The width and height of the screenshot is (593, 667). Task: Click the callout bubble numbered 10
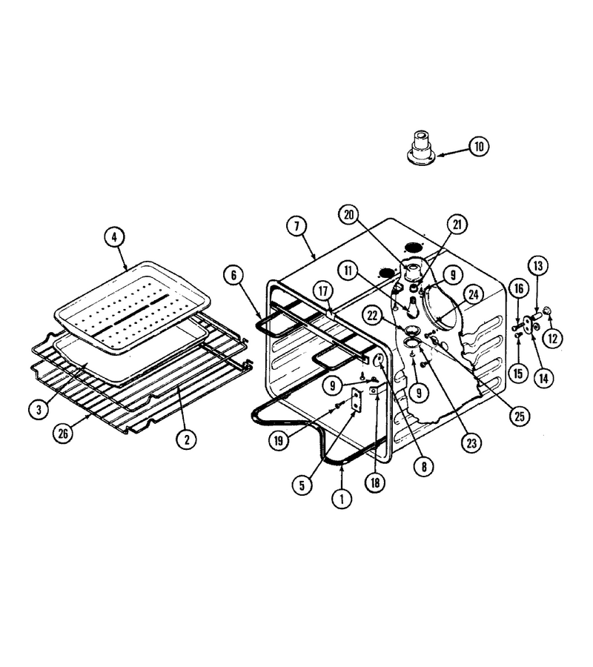(479, 146)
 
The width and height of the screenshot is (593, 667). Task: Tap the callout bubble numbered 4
(114, 237)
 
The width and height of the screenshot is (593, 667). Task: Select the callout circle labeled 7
(296, 226)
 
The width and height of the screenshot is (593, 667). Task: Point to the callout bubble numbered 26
(63, 434)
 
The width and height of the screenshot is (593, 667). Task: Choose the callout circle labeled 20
(349, 215)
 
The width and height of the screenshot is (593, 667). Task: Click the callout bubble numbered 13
(538, 266)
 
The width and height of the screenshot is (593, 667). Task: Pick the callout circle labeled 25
(520, 416)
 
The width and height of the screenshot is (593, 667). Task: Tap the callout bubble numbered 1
(342, 498)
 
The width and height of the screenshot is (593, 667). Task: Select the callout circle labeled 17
(324, 291)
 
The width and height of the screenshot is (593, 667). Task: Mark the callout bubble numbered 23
(471, 443)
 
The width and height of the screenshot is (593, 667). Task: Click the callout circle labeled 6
(233, 275)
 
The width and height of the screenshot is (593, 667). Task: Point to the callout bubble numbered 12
(552, 339)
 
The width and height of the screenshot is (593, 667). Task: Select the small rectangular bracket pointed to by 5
(356, 401)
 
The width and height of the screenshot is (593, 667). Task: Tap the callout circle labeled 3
(39, 410)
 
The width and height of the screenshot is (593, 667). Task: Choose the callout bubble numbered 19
(279, 440)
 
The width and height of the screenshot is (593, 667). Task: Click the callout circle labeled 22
(373, 316)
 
